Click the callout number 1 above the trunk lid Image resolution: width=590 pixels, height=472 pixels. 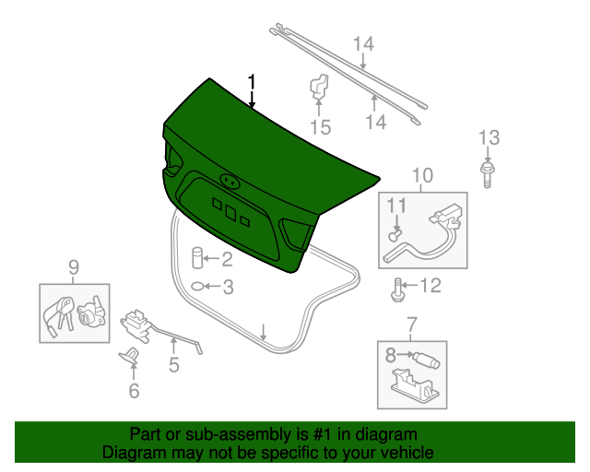251,82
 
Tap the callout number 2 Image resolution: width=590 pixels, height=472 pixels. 227,259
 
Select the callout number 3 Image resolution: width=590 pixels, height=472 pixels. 228,288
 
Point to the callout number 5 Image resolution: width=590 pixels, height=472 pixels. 173,365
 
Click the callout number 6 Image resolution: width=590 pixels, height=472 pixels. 134,392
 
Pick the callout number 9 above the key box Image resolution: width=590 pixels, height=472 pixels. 74,268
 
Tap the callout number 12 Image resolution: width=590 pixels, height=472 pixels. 431,286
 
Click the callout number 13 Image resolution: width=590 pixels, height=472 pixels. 488,138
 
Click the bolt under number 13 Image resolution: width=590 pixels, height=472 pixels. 488,173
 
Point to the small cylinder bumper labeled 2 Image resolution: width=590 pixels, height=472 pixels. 197,258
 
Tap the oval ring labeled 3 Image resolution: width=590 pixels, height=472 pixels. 199,288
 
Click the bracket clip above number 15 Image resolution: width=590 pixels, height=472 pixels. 319,88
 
